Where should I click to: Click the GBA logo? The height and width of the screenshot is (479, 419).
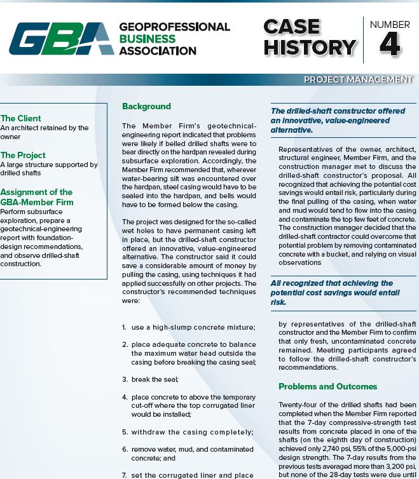pos(61,39)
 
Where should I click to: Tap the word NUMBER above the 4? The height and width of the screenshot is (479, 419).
pos(390,25)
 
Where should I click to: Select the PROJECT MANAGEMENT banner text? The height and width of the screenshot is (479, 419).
pos(358,79)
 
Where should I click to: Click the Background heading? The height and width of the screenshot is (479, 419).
pos(146,106)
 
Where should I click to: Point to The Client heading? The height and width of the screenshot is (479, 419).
pos(21,118)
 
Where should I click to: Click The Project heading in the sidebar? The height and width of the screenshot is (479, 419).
pos(23,155)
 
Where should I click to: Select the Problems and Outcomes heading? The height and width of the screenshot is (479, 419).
pos(327,386)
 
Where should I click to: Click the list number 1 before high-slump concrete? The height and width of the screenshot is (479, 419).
pos(124,327)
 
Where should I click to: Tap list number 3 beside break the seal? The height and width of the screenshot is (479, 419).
pos(124,379)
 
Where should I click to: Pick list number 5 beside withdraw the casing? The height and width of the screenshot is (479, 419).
pos(124,432)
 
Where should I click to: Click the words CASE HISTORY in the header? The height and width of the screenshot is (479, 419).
pos(309,37)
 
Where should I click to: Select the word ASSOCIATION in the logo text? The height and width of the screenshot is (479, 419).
pos(158,51)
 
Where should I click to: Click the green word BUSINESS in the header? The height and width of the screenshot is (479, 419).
pos(148,39)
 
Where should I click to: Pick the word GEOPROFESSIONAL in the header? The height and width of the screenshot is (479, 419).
pos(174,27)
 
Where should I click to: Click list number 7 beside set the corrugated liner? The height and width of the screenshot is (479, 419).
pos(124,475)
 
